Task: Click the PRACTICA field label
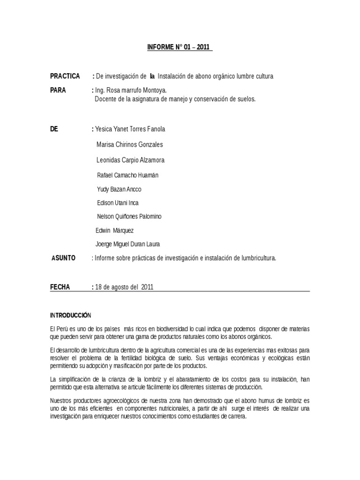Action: [x=65, y=76]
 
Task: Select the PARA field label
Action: [x=58, y=90]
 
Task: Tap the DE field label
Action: [x=54, y=129]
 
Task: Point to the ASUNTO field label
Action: [x=63, y=258]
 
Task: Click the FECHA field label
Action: [x=60, y=287]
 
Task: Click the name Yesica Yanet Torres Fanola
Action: [x=130, y=129]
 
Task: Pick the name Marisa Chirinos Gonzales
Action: [x=129, y=144]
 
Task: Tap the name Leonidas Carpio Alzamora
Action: [x=130, y=160]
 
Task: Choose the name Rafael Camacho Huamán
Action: [x=127, y=175]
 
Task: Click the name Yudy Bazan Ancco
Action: [x=119, y=189]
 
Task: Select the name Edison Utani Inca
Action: [x=117, y=203]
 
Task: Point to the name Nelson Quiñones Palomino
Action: [x=129, y=217]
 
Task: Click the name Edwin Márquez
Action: [x=114, y=230]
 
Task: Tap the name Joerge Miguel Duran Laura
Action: [x=127, y=244]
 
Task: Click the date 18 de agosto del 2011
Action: [x=124, y=287]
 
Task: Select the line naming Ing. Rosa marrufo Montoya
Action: [x=131, y=90]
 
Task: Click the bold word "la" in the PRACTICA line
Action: [x=152, y=76]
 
